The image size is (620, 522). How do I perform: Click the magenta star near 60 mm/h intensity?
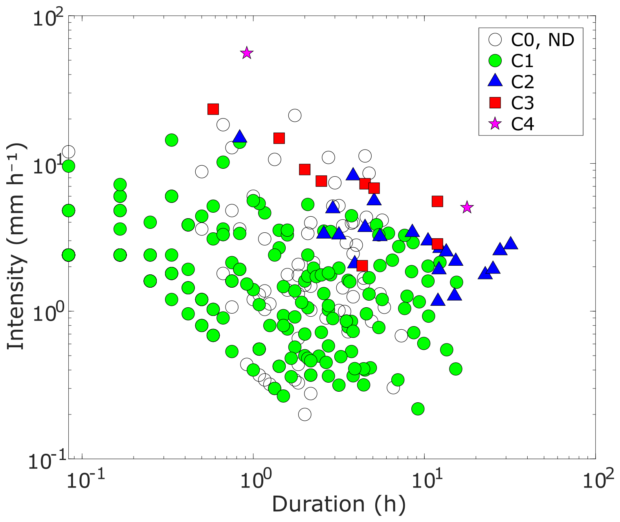[246, 53]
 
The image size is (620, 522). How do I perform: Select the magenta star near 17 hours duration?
[466, 207]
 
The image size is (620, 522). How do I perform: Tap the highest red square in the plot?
[213, 109]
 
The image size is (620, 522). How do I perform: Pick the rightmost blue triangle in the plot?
[510, 243]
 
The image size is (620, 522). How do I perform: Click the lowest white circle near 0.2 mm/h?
[304, 414]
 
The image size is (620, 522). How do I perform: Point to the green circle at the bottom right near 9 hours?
[418, 409]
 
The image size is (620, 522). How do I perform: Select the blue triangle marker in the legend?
[495, 81]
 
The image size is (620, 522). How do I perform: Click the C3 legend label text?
[522, 103]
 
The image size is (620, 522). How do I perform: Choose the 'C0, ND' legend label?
[542, 40]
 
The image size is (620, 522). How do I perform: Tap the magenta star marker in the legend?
[495, 124]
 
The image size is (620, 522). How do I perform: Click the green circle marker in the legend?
[495, 60]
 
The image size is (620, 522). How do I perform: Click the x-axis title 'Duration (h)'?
[338, 504]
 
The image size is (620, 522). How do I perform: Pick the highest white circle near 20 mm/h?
[295, 115]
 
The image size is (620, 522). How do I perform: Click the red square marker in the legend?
[495, 103]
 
